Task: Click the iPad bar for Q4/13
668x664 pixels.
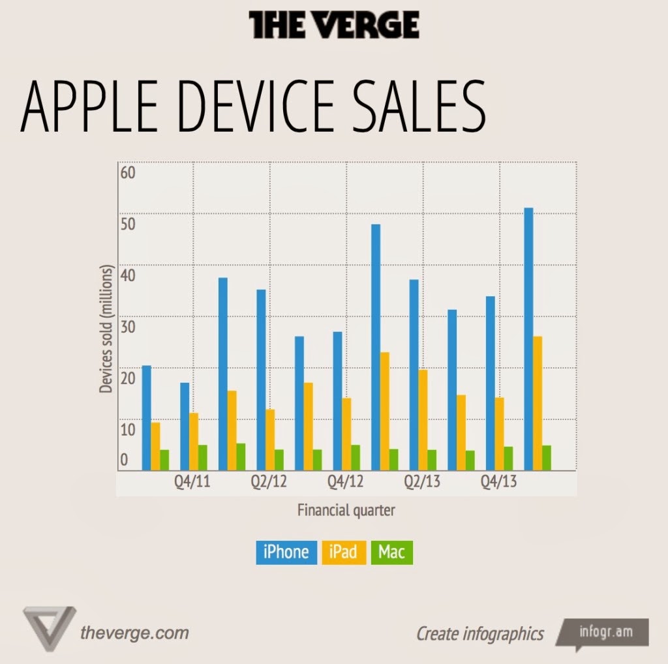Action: click(x=499, y=433)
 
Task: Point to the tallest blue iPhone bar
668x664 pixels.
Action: click(x=528, y=339)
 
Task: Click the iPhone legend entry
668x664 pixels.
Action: click(x=286, y=552)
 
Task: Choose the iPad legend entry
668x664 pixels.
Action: click(x=343, y=552)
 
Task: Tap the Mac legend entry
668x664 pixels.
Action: click(x=391, y=552)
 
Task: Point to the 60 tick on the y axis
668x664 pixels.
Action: click(x=127, y=173)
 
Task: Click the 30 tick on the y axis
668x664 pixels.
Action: click(x=127, y=327)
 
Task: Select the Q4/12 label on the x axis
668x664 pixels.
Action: click(x=346, y=482)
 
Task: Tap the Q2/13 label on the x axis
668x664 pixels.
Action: click(x=423, y=482)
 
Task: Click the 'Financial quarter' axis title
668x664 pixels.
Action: click(x=346, y=510)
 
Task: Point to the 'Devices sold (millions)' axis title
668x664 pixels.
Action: click(x=106, y=329)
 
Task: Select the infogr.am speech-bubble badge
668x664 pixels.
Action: click(x=604, y=633)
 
